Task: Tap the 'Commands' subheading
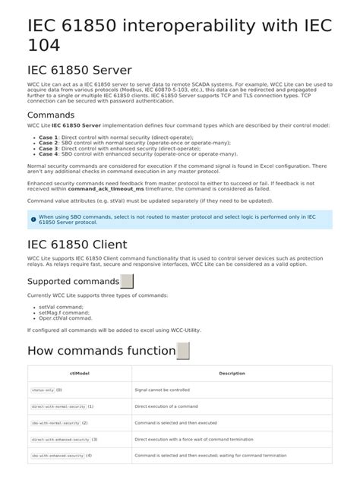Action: [51, 115]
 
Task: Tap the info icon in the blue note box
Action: [33, 219]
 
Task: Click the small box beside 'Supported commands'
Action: [127, 281]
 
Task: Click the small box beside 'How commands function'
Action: [182, 351]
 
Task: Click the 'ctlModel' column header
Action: [80, 373]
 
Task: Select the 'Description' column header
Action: [232, 373]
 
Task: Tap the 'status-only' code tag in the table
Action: [42, 390]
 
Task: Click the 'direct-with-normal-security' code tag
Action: [58, 406]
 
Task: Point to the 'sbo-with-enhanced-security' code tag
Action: [58, 456]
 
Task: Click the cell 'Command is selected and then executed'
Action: [176, 422]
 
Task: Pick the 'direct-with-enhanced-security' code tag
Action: [61, 439]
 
